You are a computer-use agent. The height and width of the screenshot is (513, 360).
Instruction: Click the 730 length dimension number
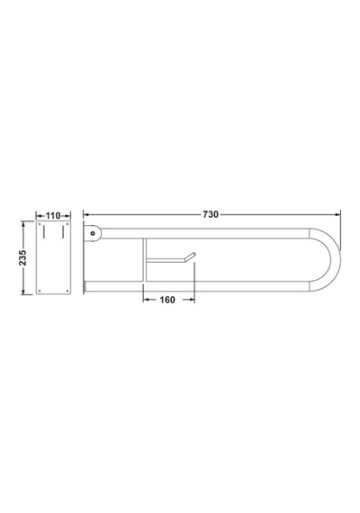pos(211,214)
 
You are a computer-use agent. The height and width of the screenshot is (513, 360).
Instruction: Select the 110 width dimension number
pos(53,216)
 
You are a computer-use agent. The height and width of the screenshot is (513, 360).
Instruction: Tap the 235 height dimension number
pos(22,257)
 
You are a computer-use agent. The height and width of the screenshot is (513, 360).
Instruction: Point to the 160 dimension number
pos(167,300)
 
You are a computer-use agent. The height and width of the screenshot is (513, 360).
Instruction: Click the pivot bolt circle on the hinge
pos(93,233)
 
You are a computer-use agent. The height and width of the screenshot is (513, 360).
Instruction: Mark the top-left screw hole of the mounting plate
pos(40,224)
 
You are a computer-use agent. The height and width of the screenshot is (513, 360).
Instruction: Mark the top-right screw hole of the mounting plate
pos(67,224)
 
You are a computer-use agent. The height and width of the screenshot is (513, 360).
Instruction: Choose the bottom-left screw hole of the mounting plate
pos(40,291)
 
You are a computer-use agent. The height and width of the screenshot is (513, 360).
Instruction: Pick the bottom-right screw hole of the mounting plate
pos(67,291)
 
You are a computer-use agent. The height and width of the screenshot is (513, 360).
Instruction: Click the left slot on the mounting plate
pos(43,231)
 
